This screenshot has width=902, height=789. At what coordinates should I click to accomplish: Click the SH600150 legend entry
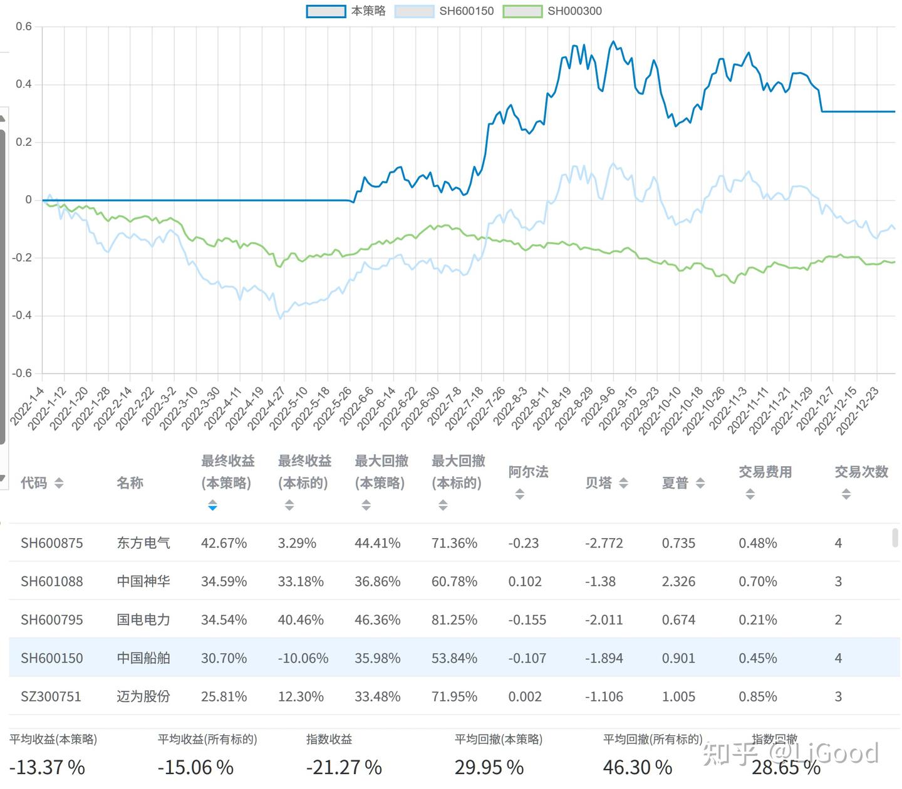[445, 11]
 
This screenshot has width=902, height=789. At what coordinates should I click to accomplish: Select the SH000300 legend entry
[552, 11]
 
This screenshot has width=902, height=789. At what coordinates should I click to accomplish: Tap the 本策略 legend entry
[346, 11]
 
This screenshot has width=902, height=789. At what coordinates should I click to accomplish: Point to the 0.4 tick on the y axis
[24, 84]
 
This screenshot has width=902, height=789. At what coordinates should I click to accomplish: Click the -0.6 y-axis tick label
[22, 374]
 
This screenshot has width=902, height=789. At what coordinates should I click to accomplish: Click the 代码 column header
[34, 483]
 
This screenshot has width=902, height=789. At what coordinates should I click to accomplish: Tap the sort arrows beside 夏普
[700, 483]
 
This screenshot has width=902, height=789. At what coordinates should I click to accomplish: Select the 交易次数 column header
[861, 472]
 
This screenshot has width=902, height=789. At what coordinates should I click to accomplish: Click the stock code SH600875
[51, 543]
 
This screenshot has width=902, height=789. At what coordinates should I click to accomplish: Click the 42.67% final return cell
[224, 543]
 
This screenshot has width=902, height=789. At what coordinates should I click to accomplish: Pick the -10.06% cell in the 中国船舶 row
[303, 658]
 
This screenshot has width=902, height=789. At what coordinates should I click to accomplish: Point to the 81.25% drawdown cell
[454, 620]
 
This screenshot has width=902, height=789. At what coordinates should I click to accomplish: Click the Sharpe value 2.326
[678, 581]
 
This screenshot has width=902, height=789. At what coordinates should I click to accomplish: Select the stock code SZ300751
[51, 696]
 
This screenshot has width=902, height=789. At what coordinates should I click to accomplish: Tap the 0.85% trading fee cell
[758, 696]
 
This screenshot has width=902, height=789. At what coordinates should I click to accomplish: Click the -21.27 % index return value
[344, 767]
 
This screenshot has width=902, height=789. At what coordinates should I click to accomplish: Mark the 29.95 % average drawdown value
[489, 767]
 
